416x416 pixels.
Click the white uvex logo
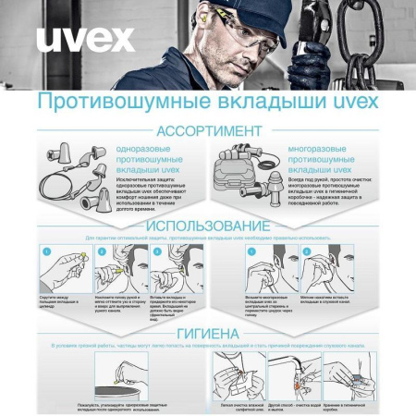pos(84,40)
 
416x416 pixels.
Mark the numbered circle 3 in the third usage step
pos(156,251)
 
